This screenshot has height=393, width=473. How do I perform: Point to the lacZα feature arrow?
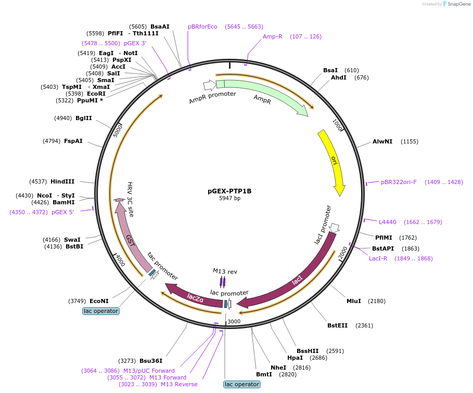(x=195, y=297)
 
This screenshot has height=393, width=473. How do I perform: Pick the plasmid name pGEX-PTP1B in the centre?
(x=229, y=191)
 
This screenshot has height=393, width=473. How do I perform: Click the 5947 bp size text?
(x=229, y=198)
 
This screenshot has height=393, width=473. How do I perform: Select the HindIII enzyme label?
(x=62, y=181)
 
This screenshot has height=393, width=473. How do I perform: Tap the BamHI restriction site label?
(x=63, y=202)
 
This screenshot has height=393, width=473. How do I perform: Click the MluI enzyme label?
(x=354, y=301)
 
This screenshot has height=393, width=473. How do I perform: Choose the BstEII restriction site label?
(x=338, y=325)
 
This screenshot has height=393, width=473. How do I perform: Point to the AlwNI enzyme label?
(x=382, y=141)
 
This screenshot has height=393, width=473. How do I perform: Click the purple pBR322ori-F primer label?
(x=399, y=182)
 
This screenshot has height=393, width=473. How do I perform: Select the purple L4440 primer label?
(x=387, y=222)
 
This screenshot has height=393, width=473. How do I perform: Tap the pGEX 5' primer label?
(x=63, y=212)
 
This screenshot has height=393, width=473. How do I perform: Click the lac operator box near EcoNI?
(x=101, y=311)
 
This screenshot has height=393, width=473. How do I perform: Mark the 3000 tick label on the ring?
(x=234, y=322)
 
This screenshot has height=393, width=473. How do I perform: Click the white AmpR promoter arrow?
(x=210, y=85)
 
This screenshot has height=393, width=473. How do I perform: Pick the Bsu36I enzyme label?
(x=151, y=361)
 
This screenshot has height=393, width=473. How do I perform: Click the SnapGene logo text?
(x=459, y=4)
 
